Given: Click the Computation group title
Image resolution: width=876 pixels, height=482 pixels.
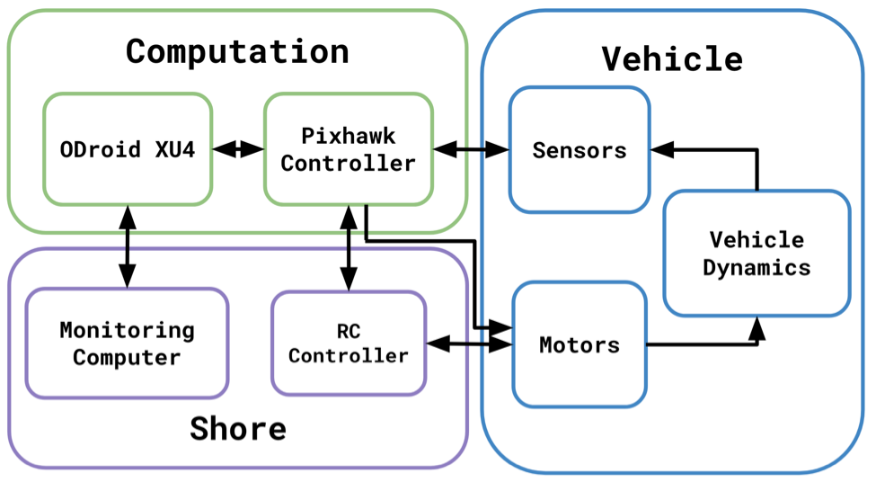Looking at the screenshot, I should pyautogui.click(x=237, y=51).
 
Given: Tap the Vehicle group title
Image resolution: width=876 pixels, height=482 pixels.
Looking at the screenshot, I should pyautogui.click(x=672, y=59).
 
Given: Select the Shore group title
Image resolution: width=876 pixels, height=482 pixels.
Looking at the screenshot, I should pyautogui.click(x=237, y=429).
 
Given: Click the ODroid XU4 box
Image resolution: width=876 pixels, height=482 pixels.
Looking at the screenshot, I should pyautogui.click(x=128, y=149).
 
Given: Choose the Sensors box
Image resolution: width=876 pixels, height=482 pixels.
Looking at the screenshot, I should pyautogui.click(x=580, y=149).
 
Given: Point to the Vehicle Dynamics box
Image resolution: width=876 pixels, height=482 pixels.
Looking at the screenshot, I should pyautogui.click(x=757, y=254).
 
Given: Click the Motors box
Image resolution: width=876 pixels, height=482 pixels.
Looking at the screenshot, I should pyautogui.click(x=580, y=344).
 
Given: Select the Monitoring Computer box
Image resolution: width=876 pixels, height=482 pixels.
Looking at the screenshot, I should pyautogui.click(x=127, y=344).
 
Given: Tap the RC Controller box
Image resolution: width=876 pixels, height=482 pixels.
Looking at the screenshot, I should pyautogui.click(x=348, y=344).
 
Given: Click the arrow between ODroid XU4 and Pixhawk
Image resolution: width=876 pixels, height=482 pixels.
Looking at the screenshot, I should pyautogui.click(x=238, y=149).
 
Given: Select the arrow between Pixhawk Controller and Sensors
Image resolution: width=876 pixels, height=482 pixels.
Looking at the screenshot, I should pyautogui.click(x=471, y=149).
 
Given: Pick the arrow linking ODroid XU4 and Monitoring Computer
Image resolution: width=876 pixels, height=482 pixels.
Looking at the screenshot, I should pyautogui.click(x=128, y=246).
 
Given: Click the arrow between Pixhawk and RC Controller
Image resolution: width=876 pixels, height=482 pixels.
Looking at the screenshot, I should pyautogui.click(x=348, y=246).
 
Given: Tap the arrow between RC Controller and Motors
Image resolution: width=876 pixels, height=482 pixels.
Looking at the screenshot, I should pyautogui.click(x=468, y=344).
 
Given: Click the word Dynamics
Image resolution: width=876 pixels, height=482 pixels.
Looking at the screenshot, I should pyautogui.click(x=757, y=268).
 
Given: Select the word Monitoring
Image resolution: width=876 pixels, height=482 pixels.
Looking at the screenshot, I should pyautogui.click(x=127, y=330).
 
